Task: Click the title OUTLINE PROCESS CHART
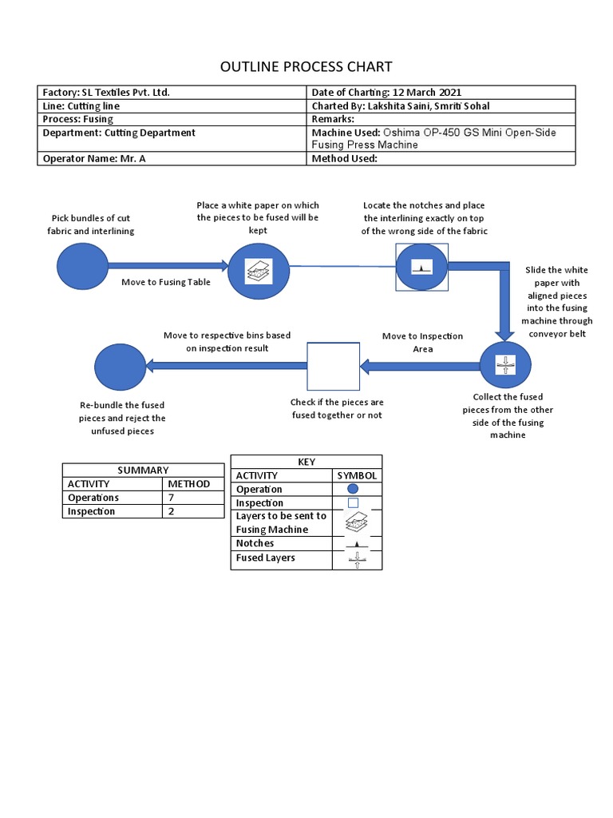(x=306, y=66)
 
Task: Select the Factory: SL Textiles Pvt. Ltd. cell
(x=172, y=93)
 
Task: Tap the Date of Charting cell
(x=441, y=93)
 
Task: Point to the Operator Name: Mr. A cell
(x=172, y=158)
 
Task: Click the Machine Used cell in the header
(x=441, y=139)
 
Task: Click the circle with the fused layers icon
(x=505, y=366)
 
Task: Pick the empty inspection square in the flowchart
(x=333, y=367)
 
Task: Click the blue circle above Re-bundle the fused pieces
(x=120, y=366)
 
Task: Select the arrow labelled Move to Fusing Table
(x=168, y=265)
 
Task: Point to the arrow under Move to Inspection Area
(x=419, y=367)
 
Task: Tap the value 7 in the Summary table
(x=171, y=498)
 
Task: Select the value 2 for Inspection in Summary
(x=171, y=511)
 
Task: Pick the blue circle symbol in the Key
(x=353, y=489)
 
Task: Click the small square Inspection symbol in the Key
(x=353, y=503)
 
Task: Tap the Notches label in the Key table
(x=255, y=543)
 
